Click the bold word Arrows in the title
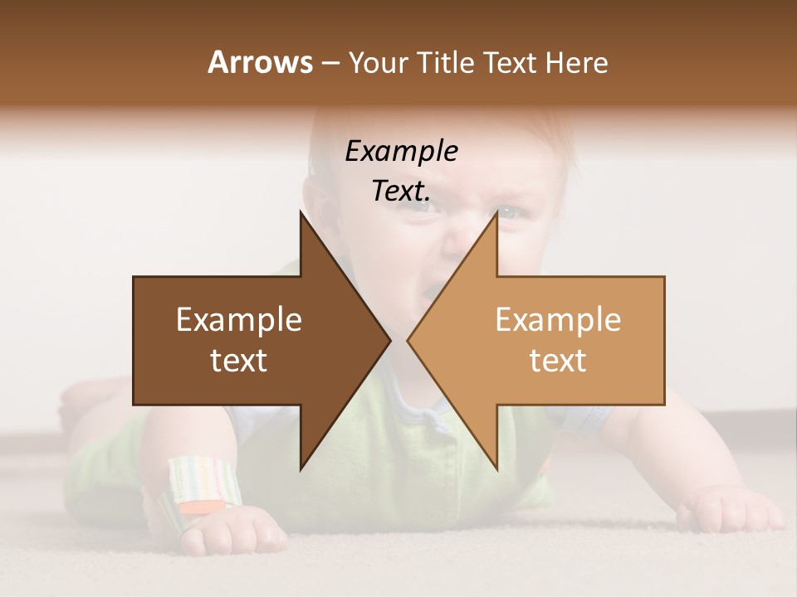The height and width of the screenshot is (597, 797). point(261,62)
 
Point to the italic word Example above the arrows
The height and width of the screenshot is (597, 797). point(401,151)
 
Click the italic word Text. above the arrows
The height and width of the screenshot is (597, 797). point(401,191)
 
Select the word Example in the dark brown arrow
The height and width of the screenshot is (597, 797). point(239,320)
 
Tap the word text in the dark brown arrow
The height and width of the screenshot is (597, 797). point(239,361)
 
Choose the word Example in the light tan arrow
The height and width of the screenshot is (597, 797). point(558,320)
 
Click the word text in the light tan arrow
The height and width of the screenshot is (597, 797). point(558,361)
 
